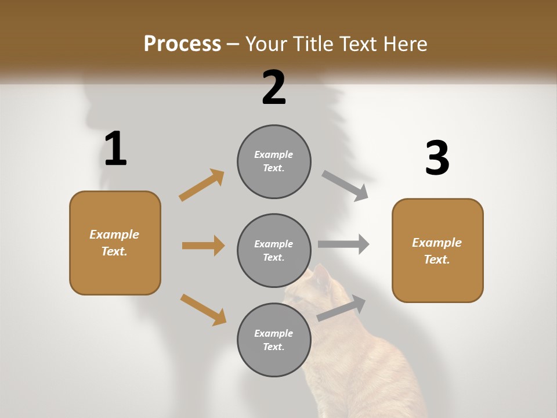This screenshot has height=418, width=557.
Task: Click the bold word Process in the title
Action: [182, 44]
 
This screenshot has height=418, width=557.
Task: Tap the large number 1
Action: [115, 149]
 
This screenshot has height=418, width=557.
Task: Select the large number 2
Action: [274, 88]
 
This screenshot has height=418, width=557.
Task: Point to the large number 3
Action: [437, 158]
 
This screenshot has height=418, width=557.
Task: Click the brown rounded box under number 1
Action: [115, 243]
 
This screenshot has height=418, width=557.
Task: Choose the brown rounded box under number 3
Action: [437, 251]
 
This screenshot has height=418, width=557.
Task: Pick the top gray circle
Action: [274, 161]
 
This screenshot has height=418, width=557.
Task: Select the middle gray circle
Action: [274, 251]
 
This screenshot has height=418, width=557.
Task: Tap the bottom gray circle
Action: [274, 340]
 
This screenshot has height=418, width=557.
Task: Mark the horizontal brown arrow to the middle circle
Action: [203, 246]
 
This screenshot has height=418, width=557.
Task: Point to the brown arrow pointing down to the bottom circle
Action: [203, 309]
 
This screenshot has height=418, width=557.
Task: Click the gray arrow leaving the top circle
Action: [345, 186]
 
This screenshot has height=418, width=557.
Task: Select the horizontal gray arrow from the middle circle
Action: [343, 244]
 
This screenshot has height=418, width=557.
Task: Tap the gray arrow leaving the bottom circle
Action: [341, 308]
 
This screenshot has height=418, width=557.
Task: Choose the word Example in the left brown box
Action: [114, 235]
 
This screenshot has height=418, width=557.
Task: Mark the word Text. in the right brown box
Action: [437, 260]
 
